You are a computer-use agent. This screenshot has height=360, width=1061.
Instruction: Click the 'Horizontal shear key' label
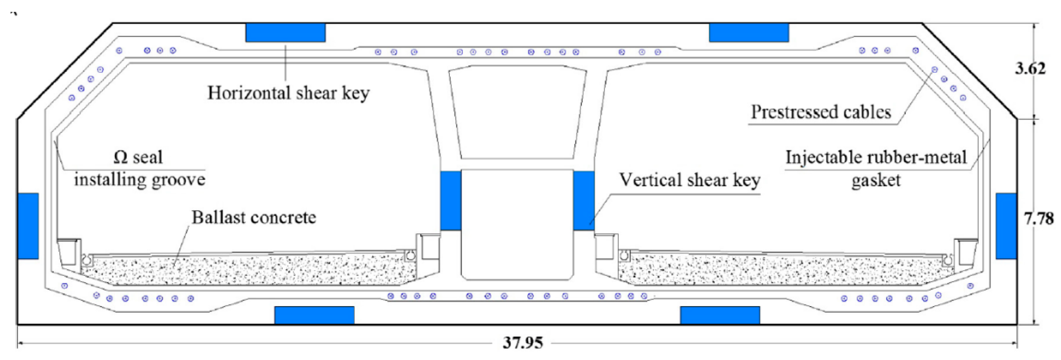[288, 93]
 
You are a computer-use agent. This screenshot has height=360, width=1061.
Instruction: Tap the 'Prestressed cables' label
[821, 112]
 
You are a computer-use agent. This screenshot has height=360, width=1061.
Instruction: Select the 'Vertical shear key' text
[690, 181]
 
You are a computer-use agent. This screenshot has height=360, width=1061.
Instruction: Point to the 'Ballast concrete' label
[254, 217]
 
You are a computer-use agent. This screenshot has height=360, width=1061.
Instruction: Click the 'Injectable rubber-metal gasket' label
[876, 168]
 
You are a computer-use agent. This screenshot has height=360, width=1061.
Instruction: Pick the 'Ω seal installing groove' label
[139, 168]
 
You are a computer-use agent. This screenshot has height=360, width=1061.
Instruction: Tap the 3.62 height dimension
[1030, 68]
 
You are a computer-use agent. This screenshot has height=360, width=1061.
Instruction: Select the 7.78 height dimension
[1039, 218]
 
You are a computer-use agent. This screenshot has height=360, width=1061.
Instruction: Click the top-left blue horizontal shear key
[285, 33]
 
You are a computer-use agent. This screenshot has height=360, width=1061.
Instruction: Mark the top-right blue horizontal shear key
[749, 33]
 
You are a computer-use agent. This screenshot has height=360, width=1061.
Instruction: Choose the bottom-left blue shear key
[314, 315]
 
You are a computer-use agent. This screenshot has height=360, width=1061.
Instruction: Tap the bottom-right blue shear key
[720, 315]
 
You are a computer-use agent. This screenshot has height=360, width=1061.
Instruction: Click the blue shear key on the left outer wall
[28, 226]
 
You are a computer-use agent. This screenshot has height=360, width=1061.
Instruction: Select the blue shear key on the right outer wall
[1006, 226]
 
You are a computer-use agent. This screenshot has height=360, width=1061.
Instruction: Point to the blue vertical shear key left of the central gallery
[451, 200]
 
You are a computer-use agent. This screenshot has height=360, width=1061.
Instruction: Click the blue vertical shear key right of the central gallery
[583, 200]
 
